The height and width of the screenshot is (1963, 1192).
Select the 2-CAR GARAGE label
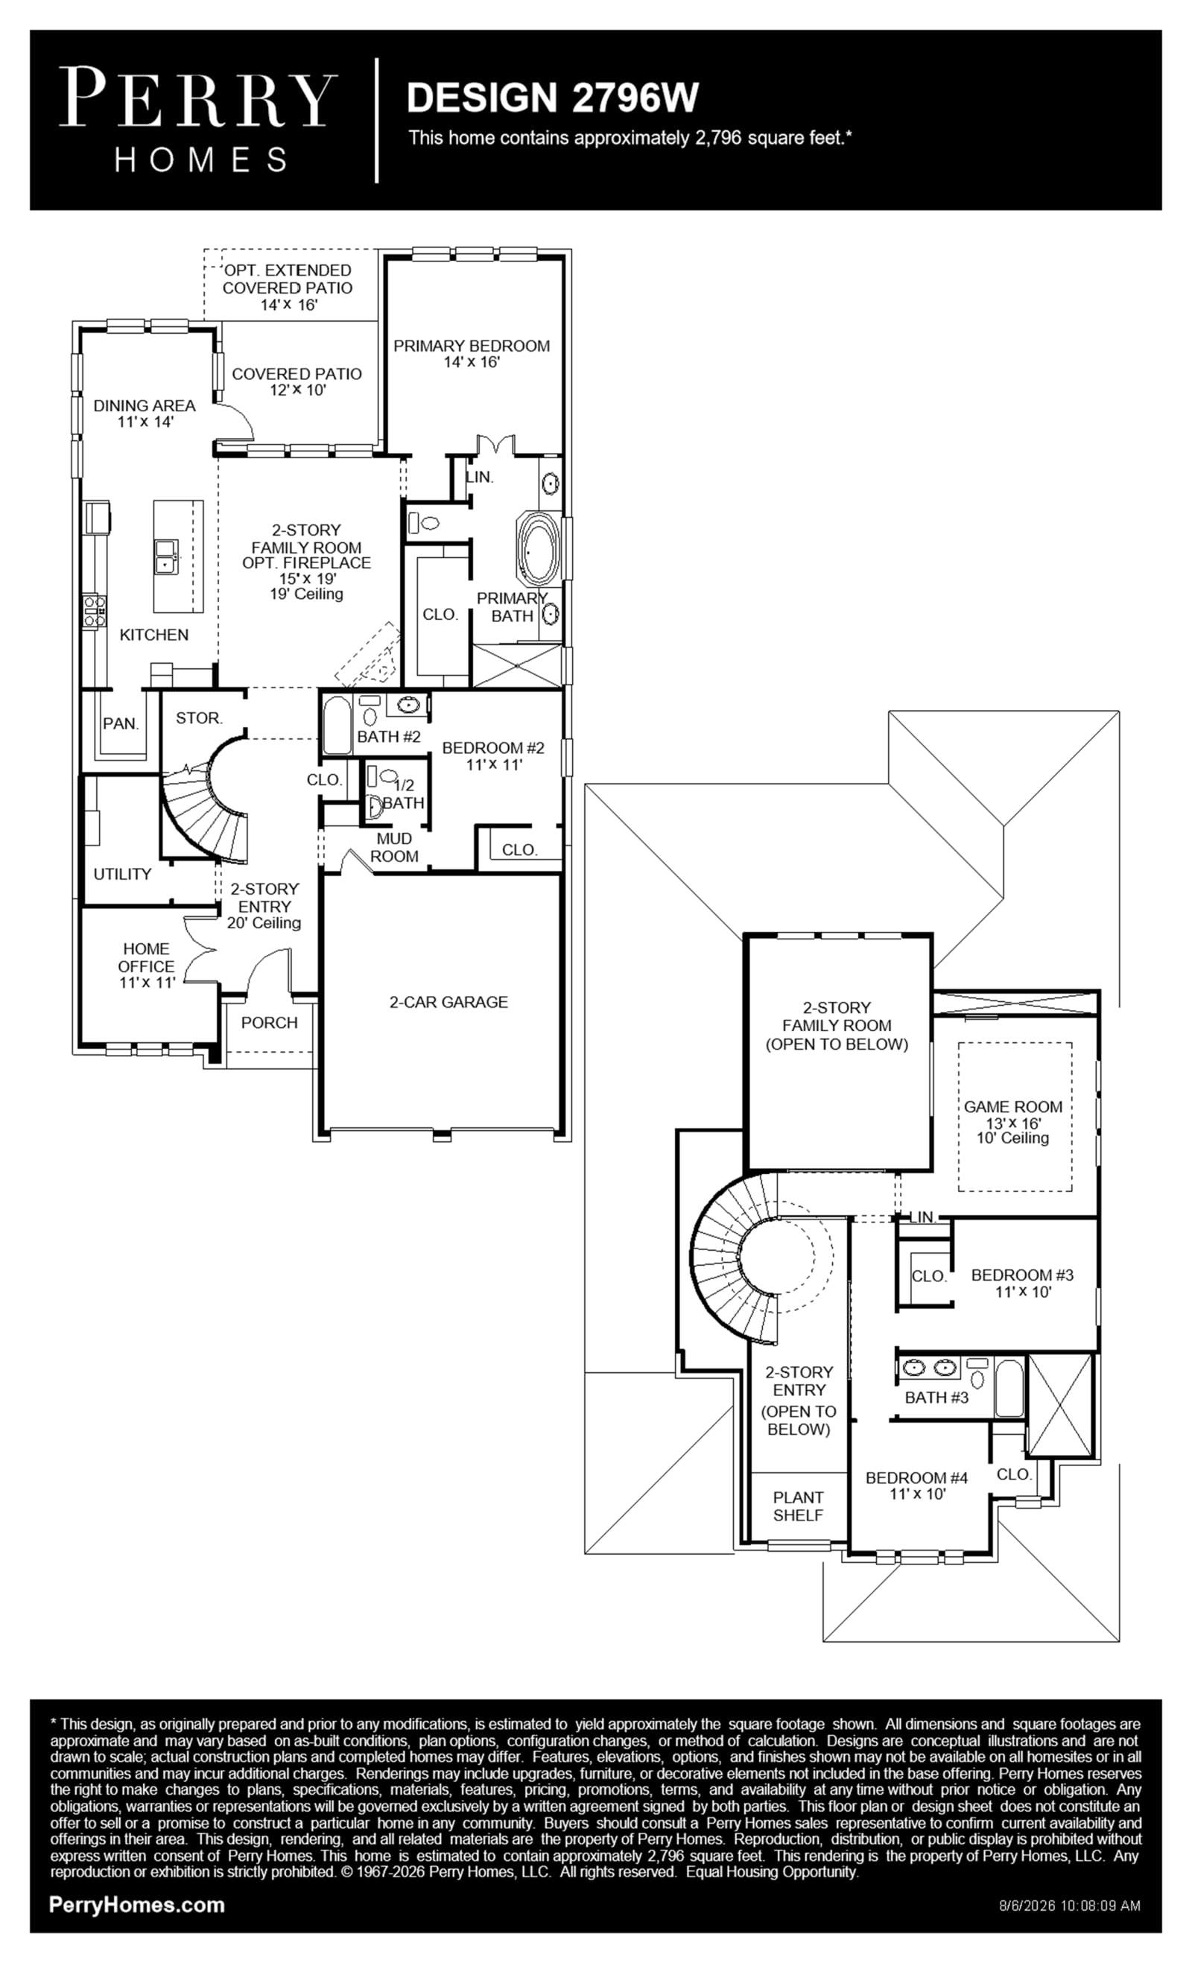tap(448, 1002)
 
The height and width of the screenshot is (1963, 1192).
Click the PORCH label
tap(269, 1023)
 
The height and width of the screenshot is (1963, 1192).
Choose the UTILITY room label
tap(122, 874)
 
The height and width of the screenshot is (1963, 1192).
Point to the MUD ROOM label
tap(394, 848)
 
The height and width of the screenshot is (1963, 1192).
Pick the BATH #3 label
tap(936, 1398)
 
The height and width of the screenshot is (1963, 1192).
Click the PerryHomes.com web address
tap(137, 1905)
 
